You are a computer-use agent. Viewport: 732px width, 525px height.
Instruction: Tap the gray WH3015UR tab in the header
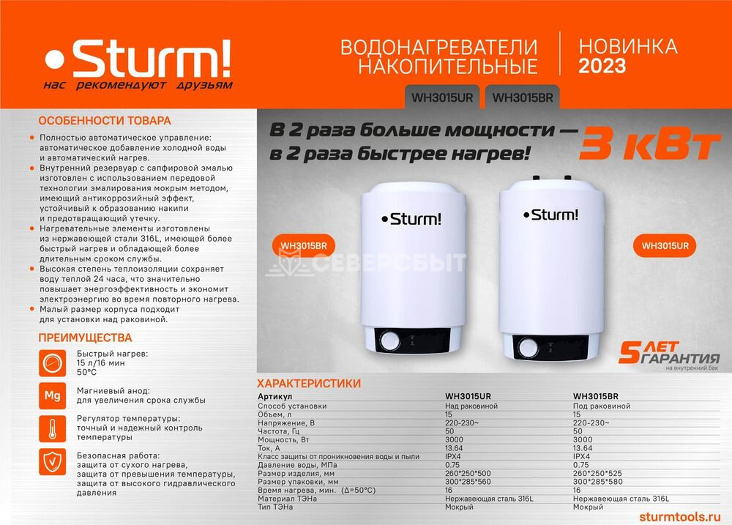click(x=442, y=97)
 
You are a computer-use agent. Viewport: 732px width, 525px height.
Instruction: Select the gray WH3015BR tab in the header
click(x=523, y=97)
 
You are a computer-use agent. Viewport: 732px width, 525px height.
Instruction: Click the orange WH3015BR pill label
click(x=304, y=246)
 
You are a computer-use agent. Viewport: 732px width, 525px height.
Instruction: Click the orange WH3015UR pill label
click(x=665, y=246)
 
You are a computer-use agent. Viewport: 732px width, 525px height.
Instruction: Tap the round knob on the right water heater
click(x=529, y=348)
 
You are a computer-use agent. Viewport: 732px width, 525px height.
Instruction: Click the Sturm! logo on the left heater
click(x=411, y=219)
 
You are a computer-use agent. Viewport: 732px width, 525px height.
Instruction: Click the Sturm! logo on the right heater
click(x=551, y=215)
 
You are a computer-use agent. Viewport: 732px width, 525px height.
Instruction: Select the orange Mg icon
click(x=52, y=395)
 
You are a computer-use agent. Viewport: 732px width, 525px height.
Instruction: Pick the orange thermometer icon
click(x=52, y=428)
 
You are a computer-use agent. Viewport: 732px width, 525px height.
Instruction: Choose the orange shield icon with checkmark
click(x=52, y=462)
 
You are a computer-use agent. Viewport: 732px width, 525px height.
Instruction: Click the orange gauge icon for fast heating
click(x=52, y=363)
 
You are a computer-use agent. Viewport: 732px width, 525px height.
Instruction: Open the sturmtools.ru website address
click(x=680, y=517)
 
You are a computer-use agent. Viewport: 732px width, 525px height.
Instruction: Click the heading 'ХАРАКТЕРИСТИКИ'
click(x=309, y=384)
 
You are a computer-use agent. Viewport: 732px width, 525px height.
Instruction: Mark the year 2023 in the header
click(x=602, y=66)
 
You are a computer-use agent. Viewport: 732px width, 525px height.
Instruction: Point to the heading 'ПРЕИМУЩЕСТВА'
click(x=85, y=338)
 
